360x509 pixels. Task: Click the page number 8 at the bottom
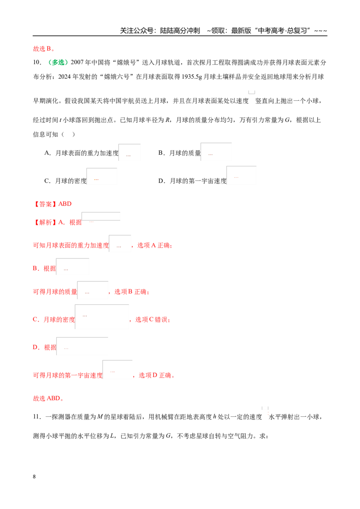(34, 477)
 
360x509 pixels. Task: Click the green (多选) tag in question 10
(58, 63)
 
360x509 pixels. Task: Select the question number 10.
(37, 63)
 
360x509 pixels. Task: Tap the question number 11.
(37, 417)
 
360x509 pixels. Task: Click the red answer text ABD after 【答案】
(65, 204)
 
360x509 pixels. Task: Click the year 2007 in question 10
(77, 63)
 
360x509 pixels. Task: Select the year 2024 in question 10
(65, 77)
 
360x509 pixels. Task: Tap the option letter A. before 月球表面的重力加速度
(47, 153)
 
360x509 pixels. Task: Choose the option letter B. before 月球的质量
(162, 153)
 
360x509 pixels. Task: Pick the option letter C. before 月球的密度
(47, 181)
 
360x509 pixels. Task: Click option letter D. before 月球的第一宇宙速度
(162, 181)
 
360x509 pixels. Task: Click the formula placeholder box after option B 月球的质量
(216, 152)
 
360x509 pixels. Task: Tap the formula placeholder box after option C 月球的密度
(102, 177)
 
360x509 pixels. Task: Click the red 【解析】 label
(45, 223)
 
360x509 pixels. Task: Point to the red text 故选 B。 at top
(44, 49)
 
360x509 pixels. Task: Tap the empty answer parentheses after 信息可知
(68, 134)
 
